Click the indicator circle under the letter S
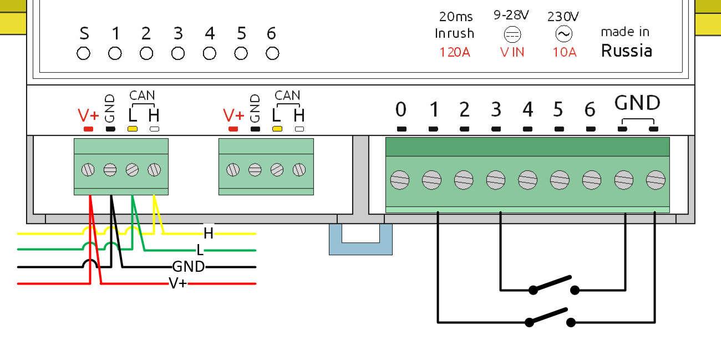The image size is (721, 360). pyautogui.click(x=83, y=54)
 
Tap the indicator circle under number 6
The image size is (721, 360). pyautogui.click(x=272, y=54)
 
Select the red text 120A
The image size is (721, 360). pyautogui.click(x=455, y=53)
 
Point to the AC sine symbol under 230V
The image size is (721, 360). pyautogui.click(x=563, y=35)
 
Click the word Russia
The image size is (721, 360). pyautogui.click(x=627, y=51)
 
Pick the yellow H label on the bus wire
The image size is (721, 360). pyautogui.click(x=209, y=233)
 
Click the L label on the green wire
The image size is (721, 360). pyautogui.click(x=200, y=250)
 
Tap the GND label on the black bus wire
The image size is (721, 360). pyautogui.click(x=189, y=267)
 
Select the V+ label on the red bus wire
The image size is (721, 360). pyautogui.click(x=178, y=284)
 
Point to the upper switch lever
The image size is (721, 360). pyautogui.click(x=552, y=283)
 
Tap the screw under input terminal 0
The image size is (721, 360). pyautogui.click(x=400, y=180)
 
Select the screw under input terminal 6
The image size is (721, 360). pyautogui.click(x=592, y=180)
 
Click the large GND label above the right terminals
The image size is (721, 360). pyautogui.click(x=637, y=103)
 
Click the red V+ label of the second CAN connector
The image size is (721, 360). pyautogui.click(x=233, y=115)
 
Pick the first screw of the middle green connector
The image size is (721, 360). pyautogui.click(x=233, y=169)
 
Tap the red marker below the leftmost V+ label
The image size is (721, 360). pyautogui.click(x=88, y=129)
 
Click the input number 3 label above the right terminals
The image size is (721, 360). pyautogui.click(x=496, y=110)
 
